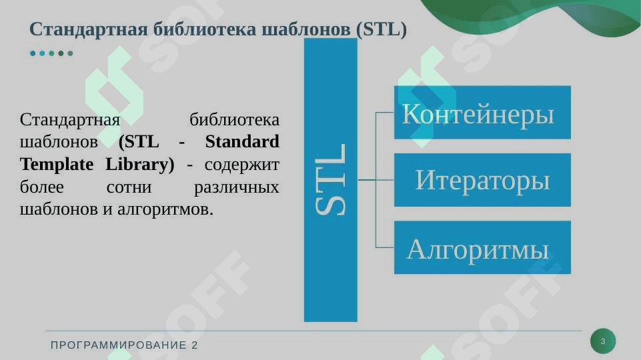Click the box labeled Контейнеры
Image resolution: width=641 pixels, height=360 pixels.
tap(482, 113)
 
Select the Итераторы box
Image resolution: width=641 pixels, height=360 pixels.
tap(482, 180)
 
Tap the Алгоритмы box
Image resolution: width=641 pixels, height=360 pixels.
tap(482, 247)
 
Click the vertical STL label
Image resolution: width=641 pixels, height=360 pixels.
tap(331, 180)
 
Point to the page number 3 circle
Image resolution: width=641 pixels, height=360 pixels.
tap(603, 341)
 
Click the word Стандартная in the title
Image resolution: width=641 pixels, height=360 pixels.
tap(88, 29)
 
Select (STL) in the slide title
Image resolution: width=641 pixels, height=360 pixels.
tap(382, 29)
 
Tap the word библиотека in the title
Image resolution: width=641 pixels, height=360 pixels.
tap(204, 29)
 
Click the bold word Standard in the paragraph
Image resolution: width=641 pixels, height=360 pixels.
tap(242, 142)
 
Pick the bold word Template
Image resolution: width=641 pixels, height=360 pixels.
tap(57, 165)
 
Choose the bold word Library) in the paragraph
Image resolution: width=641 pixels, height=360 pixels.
tap(140, 165)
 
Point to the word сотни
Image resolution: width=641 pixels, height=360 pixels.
tap(129, 187)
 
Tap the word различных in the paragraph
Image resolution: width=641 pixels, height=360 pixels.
tap(237, 187)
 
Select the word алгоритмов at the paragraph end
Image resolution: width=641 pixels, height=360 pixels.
tap(165, 210)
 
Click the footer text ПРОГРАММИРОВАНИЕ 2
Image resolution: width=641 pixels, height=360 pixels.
tap(124, 345)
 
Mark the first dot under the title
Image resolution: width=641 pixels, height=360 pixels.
tap(33, 53)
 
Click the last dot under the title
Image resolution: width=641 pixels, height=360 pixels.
tap(70, 53)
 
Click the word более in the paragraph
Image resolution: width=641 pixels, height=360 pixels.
tap(42, 187)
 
